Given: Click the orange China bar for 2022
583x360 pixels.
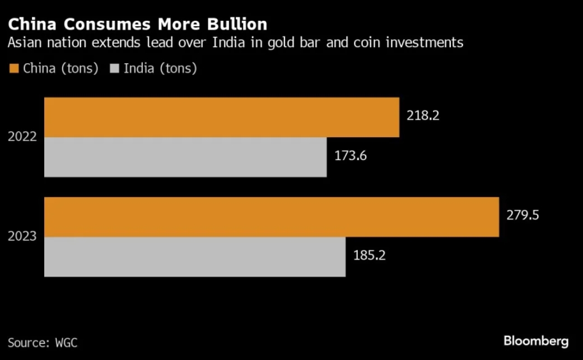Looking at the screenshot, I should click(221, 117).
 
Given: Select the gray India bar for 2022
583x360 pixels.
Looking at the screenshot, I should click(185, 157).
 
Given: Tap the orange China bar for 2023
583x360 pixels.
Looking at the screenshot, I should click(271, 217).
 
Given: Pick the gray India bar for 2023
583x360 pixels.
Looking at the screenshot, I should click(194, 256).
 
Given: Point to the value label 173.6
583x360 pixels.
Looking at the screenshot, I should click(351, 156).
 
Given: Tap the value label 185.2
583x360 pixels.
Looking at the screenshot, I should click(370, 256).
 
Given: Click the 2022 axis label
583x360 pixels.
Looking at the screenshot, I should click(22, 137).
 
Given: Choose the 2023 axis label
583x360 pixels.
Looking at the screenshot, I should click(22, 236).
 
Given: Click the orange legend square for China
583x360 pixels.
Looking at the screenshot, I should click(13, 69).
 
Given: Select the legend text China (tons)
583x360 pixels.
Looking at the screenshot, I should click(61, 69).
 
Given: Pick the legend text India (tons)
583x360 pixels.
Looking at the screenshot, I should click(160, 69).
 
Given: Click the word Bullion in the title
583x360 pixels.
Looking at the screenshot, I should click(235, 25).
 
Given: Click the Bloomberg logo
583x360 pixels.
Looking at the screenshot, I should click(536, 340).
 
